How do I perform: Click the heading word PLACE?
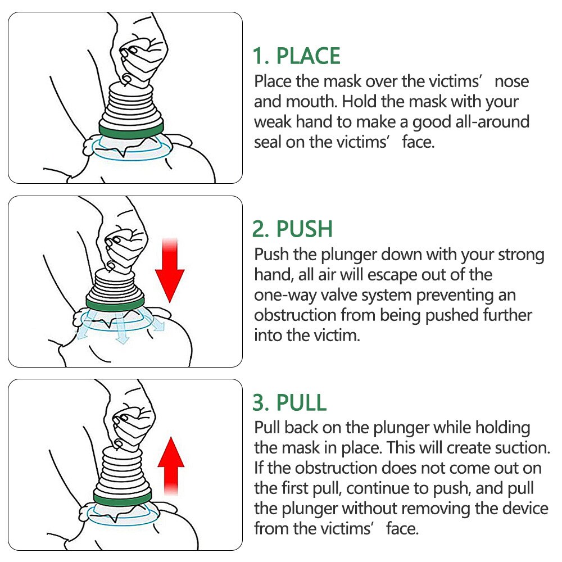308,56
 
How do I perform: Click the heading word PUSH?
304,229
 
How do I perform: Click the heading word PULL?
301,402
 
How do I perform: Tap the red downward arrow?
170,270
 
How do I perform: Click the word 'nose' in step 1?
511,81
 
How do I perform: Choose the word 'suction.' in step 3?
522,448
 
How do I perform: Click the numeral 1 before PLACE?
259,56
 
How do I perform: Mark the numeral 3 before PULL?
260,402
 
